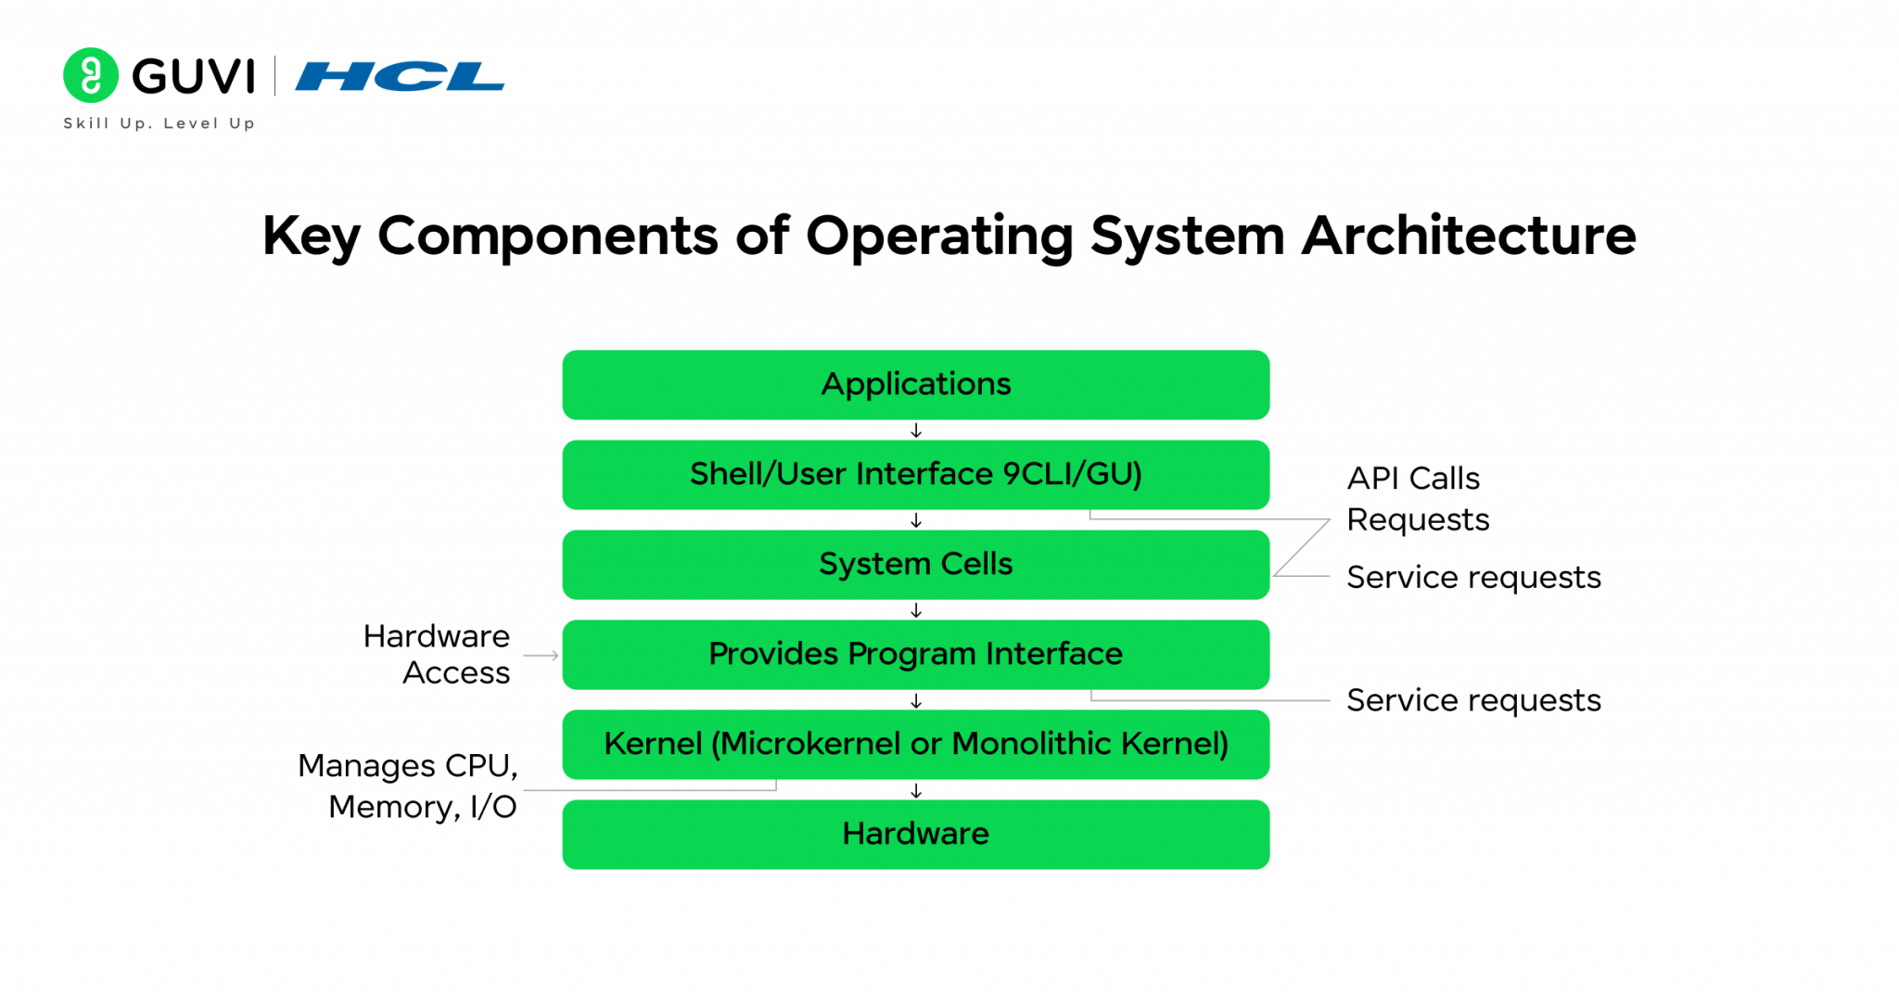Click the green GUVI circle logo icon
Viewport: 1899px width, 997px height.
pyautogui.click(x=90, y=75)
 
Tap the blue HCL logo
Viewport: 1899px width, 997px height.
pyautogui.click(x=400, y=76)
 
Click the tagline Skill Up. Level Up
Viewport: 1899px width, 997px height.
pyautogui.click(x=159, y=123)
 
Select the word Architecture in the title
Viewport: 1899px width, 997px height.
pyautogui.click(x=1469, y=236)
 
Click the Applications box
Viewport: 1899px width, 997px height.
pyautogui.click(x=915, y=384)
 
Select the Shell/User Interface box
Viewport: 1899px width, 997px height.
pyautogui.click(x=915, y=474)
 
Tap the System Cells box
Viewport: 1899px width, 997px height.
pyautogui.click(x=915, y=564)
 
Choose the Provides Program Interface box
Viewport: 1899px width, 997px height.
pyautogui.click(x=915, y=654)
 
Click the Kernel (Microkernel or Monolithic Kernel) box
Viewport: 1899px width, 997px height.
pyautogui.click(x=915, y=744)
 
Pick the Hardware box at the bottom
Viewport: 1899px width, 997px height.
pyautogui.click(x=915, y=834)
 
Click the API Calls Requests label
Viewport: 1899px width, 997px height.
pyautogui.click(x=1417, y=499)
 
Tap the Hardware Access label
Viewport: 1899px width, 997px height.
pyautogui.click(x=437, y=654)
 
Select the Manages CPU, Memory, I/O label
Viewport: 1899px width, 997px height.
pyautogui.click(x=408, y=786)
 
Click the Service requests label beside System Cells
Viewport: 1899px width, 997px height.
pyautogui.click(x=1472, y=578)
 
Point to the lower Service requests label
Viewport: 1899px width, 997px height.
pyautogui.click(x=1472, y=700)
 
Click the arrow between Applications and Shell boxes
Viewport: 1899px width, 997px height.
pyautogui.click(x=916, y=430)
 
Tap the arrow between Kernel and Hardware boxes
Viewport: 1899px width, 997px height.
pyautogui.click(x=916, y=790)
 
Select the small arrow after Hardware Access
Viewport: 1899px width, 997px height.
pyautogui.click(x=542, y=656)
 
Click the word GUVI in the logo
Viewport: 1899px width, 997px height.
pyautogui.click(x=193, y=76)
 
